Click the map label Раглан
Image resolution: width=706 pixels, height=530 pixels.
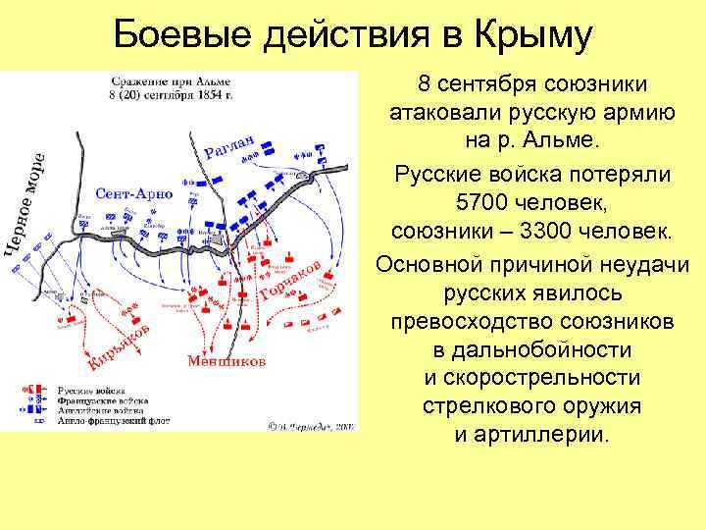point(230,148)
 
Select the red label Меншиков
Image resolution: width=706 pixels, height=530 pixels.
point(226,361)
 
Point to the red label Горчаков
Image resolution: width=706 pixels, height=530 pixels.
point(291,282)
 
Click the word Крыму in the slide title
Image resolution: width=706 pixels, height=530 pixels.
point(533,37)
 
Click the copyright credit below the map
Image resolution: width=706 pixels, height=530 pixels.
point(312,426)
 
